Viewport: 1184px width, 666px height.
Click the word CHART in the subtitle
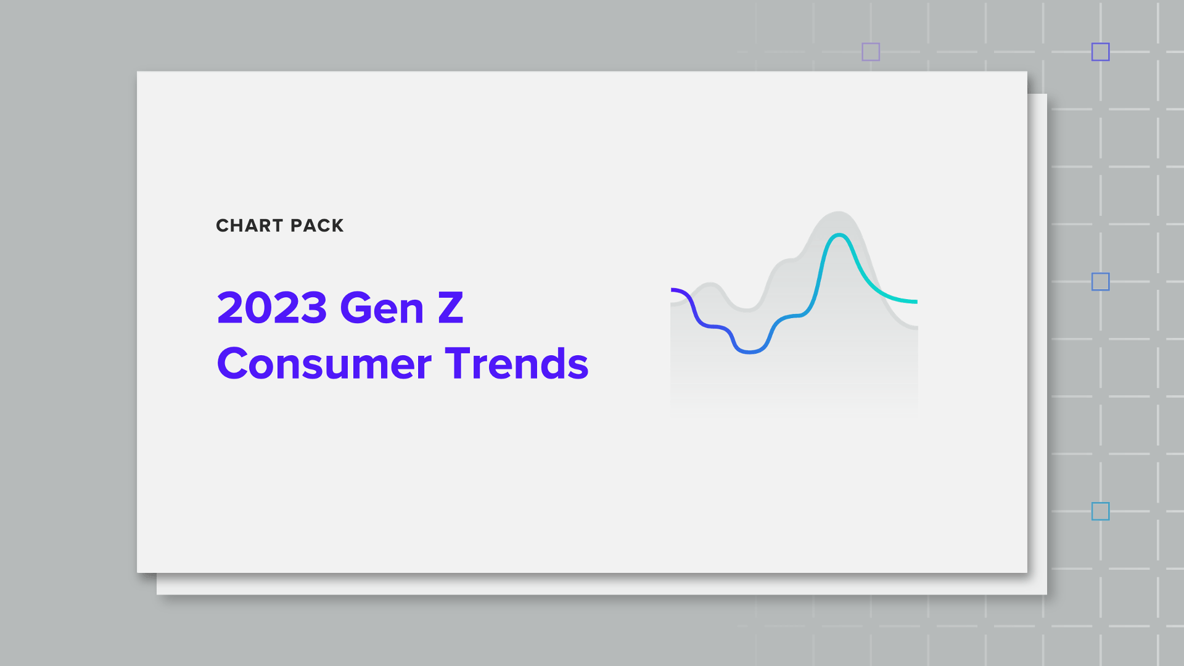coord(249,226)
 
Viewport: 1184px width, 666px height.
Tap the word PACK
coord(317,226)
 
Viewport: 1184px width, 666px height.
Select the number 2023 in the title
coord(272,308)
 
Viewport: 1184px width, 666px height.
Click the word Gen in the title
coord(382,308)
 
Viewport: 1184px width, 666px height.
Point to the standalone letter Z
coord(450,308)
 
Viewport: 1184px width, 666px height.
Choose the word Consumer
coord(324,364)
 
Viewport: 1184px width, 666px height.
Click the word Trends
coord(517,364)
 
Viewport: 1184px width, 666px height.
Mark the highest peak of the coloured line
coord(839,235)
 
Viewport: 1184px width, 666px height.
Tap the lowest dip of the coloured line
coord(750,352)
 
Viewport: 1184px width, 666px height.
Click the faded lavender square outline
coord(871,52)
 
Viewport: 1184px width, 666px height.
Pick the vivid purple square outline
coord(1101,52)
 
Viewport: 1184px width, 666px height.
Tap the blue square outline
coord(1101,282)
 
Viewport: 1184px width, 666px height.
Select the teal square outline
coord(1101,511)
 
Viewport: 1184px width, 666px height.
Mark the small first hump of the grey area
coord(710,284)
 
